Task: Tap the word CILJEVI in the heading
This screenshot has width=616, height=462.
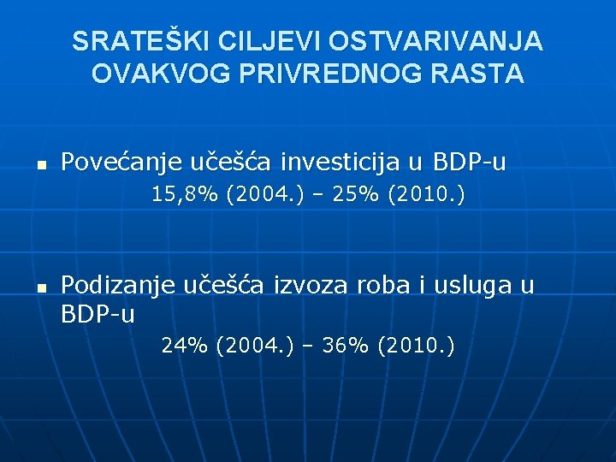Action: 258,41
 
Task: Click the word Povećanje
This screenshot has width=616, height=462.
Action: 115,162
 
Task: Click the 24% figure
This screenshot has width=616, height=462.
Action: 185,346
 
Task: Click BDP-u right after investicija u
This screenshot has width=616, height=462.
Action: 470,162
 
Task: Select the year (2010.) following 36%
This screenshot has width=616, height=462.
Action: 415,346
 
